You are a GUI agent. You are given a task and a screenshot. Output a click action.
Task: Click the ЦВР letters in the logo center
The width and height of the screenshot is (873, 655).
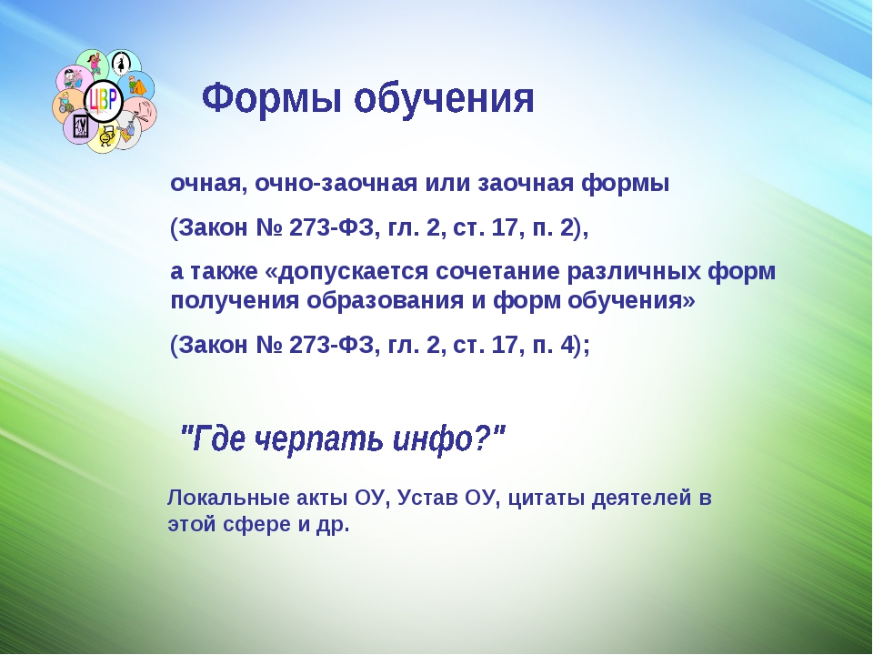(x=104, y=101)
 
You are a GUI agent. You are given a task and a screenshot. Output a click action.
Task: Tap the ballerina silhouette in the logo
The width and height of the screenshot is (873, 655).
(x=120, y=63)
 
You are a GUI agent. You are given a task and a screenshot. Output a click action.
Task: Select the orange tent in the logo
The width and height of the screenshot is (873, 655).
(x=137, y=86)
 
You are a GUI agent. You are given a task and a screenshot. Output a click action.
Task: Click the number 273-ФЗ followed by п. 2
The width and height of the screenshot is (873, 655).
(x=331, y=227)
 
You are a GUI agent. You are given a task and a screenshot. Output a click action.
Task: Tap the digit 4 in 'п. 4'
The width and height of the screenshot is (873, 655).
(x=567, y=345)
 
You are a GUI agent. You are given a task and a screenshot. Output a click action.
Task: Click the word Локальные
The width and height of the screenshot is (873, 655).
(x=227, y=498)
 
